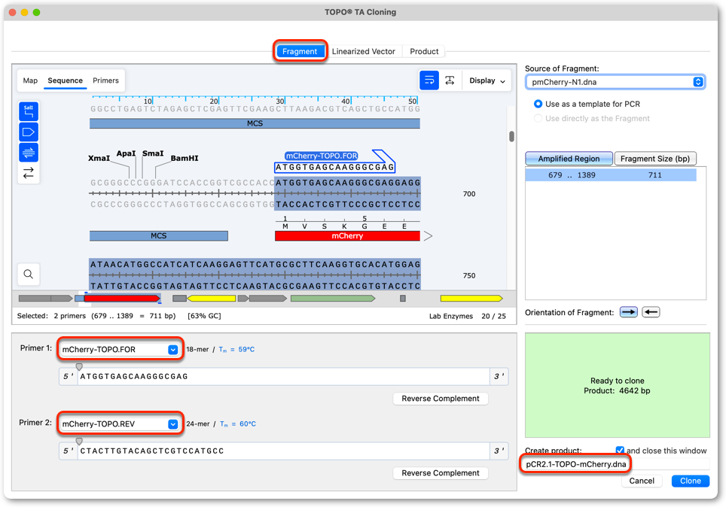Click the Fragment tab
pos(300,51)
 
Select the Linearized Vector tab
pos(364,51)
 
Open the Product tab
pos(424,51)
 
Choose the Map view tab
pos(30,80)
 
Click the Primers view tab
pos(105,80)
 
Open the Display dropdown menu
pos(487,80)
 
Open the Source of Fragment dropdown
pos(615,82)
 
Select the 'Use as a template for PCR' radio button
pos(538,104)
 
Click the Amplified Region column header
pos(569,159)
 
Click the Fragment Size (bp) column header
pos(655,159)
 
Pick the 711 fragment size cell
pos(654,175)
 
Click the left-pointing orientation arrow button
pos(651,312)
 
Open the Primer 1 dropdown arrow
pos(172,350)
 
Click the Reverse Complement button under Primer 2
pos(441,472)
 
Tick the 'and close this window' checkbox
pos(620,450)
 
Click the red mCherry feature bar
pos(347,236)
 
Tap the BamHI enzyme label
pos(185,158)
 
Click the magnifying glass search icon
pos(29,275)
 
